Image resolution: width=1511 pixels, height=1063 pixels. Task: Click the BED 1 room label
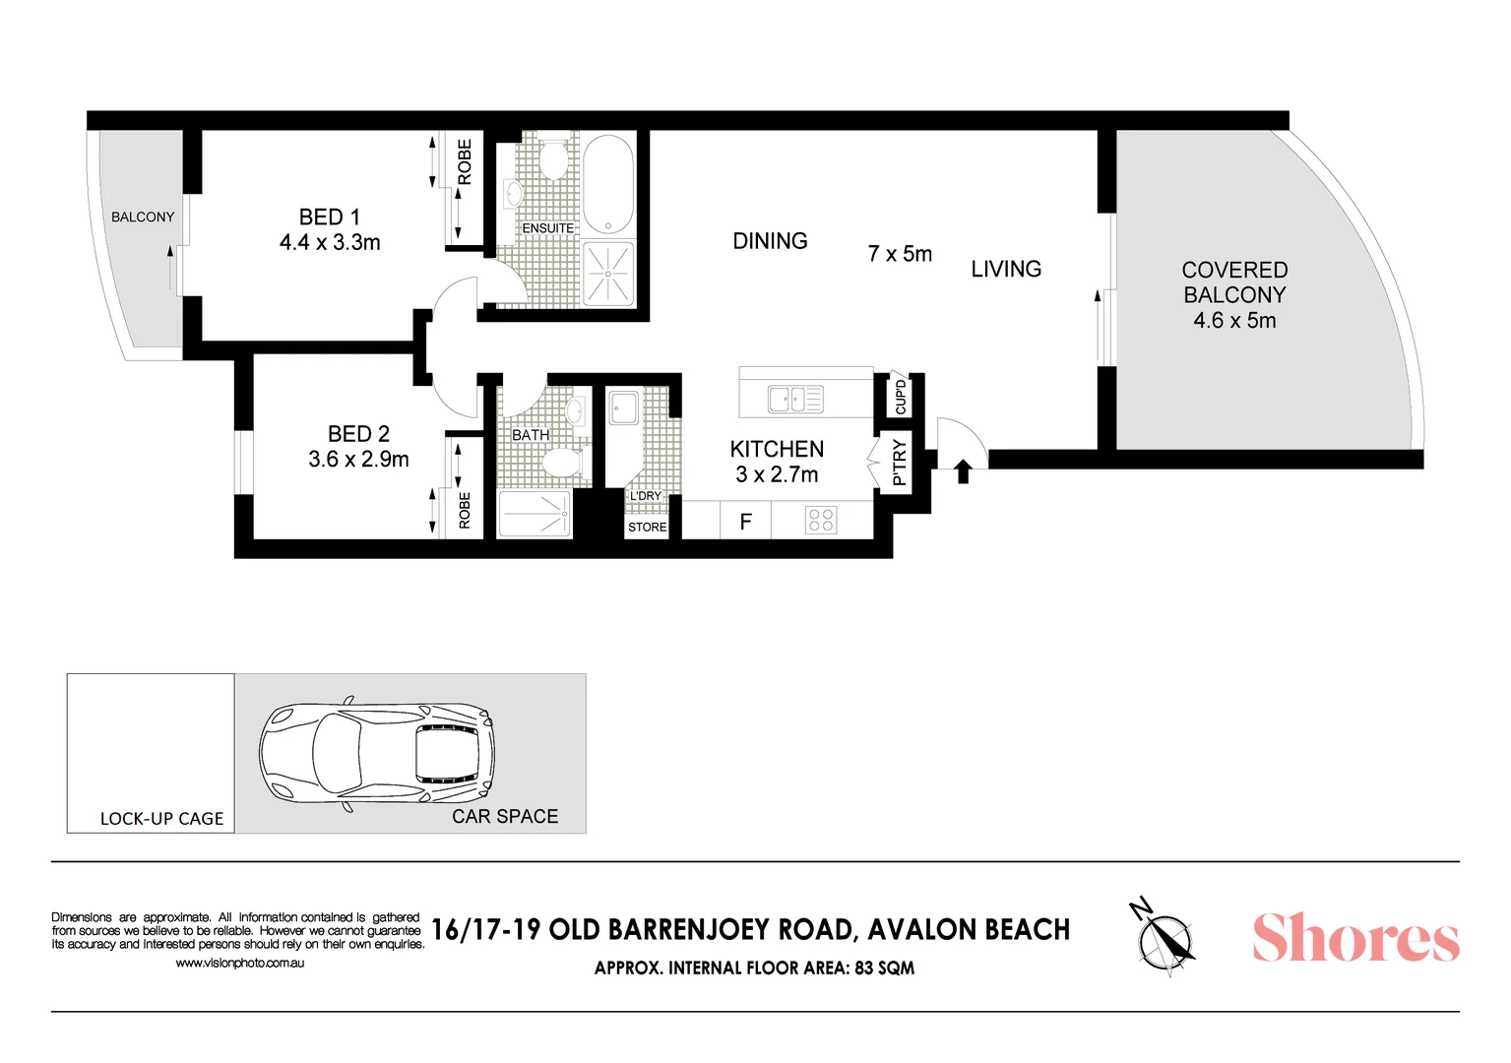tap(329, 218)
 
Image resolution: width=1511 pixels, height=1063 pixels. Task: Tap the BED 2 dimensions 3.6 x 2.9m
tap(358, 460)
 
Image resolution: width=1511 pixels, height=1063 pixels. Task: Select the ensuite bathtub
tap(608, 184)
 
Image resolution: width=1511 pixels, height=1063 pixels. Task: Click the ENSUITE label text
tap(547, 228)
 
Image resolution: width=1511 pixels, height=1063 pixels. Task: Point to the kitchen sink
tap(794, 400)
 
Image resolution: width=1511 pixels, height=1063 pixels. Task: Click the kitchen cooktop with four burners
tap(821, 520)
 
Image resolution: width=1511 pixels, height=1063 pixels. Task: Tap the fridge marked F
tap(745, 522)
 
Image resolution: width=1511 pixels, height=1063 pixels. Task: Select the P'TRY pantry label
tap(899, 463)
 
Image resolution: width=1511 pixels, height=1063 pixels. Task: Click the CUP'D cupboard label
tap(901, 397)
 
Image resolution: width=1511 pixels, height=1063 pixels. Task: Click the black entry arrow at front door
tap(963, 472)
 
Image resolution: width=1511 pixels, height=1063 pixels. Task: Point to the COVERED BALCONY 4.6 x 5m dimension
tap(1234, 321)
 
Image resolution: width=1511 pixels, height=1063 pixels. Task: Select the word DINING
tap(770, 241)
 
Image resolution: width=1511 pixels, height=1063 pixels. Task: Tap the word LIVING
tap(1006, 270)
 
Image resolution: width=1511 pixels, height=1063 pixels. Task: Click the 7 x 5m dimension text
tap(900, 254)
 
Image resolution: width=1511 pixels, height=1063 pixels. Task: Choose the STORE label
tap(647, 528)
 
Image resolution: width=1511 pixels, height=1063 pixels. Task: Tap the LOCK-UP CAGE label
tap(161, 819)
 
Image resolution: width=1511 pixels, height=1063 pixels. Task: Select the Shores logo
tap(1355, 937)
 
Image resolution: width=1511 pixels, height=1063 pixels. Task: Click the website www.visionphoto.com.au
tap(239, 964)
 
